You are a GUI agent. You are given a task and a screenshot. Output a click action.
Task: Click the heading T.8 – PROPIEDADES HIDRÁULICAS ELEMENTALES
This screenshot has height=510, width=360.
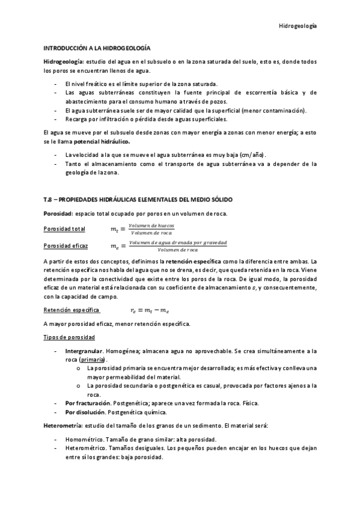click(x=138, y=198)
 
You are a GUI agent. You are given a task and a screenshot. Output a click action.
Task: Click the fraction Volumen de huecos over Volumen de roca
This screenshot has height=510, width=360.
click(x=151, y=229)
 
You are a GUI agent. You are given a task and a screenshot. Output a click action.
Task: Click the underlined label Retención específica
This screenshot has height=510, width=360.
click(x=72, y=310)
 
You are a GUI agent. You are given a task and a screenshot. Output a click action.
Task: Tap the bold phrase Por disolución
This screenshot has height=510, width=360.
click(x=85, y=412)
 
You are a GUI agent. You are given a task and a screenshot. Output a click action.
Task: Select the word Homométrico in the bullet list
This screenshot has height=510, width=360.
click(x=84, y=440)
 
